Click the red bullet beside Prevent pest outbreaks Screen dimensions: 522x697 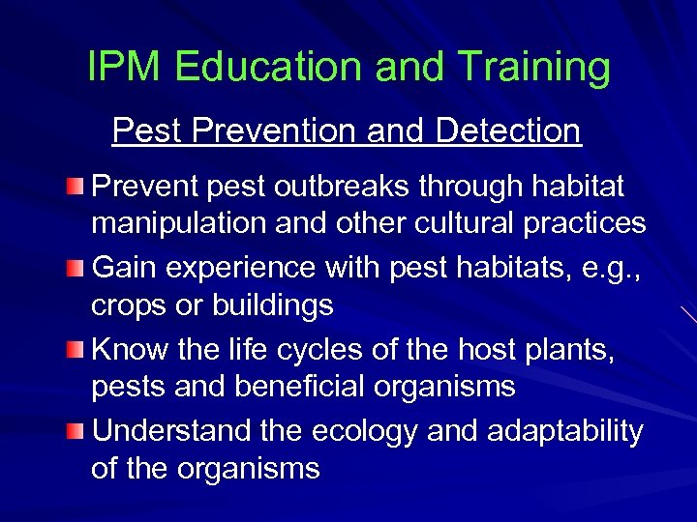(x=76, y=184)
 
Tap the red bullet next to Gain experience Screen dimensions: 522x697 (x=76, y=266)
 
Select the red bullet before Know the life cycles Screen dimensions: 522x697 (x=76, y=348)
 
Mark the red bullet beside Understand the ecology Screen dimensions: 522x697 (x=76, y=430)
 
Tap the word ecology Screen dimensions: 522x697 (x=363, y=431)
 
